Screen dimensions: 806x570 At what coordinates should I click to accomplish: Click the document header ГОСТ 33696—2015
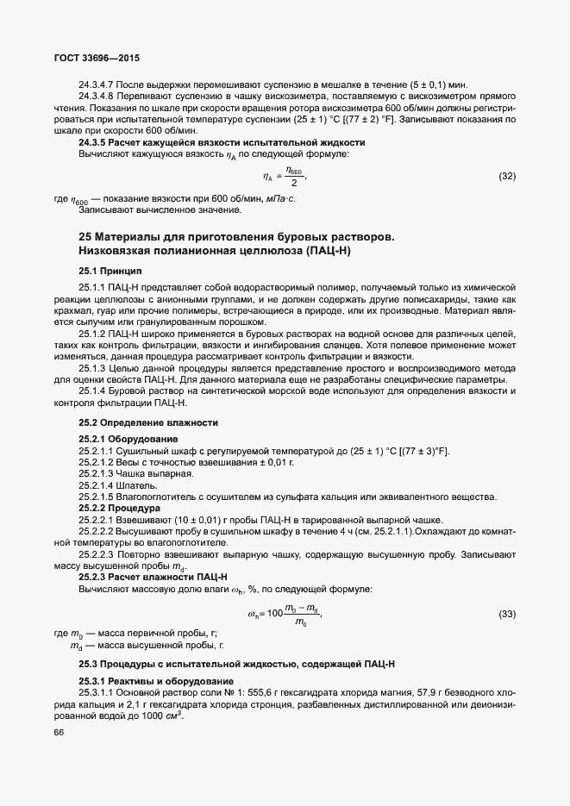[x=91, y=59]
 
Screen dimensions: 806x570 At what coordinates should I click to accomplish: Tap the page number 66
[x=60, y=732]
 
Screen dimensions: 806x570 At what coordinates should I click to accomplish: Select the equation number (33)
[x=507, y=614]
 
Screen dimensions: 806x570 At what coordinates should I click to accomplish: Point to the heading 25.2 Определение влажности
[x=148, y=423]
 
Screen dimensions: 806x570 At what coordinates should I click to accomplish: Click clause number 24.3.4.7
[x=101, y=84]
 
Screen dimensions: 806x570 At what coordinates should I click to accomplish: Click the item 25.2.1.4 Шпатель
[x=118, y=485]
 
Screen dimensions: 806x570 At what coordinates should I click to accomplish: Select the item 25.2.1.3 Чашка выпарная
[x=136, y=473]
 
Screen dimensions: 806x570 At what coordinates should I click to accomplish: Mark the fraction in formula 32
[x=294, y=177]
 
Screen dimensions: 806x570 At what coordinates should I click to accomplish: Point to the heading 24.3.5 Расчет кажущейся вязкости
[x=222, y=141]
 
